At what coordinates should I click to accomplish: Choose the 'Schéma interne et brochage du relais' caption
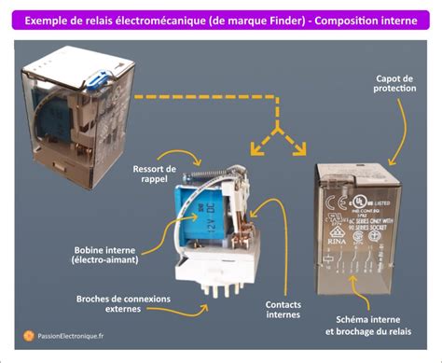coord(369,325)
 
